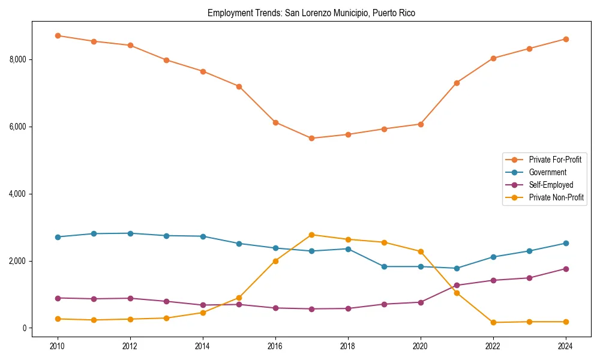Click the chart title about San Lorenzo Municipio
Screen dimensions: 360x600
point(311,13)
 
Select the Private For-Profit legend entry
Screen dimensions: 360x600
point(554,160)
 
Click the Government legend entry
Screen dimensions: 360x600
point(547,172)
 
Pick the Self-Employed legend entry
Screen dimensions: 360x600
point(551,185)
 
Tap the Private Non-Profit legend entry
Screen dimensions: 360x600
point(556,197)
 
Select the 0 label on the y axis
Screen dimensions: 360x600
point(25,328)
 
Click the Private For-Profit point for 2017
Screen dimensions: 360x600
point(311,138)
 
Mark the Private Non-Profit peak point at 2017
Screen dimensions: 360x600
point(311,235)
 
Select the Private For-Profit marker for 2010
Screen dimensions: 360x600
point(58,35)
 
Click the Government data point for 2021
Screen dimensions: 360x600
point(457,268)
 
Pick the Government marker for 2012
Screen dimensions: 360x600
point(130,233)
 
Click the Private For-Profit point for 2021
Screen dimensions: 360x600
point(457,83)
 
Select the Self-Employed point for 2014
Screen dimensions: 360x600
point(203,305)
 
